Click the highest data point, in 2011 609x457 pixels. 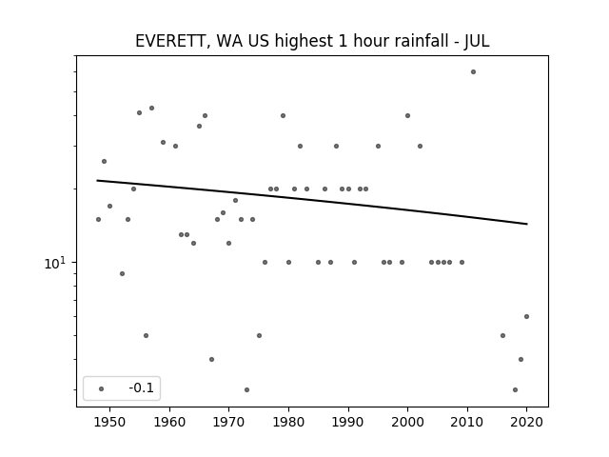[473, 72]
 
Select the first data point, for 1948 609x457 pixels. [98, 220]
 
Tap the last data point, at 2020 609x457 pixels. [526, 317]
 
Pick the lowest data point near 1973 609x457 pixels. [246, 389]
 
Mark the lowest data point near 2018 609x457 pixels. [515, 389]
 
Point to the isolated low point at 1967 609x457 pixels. [211, 360]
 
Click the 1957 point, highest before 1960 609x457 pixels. [151, 108]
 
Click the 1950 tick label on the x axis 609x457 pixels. [109, 422]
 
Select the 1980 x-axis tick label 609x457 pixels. [288, 422]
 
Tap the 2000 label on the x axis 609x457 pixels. [407, 422]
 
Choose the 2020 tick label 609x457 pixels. [526, 422]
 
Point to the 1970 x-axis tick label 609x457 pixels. [228, 422]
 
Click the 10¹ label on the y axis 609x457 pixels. [55, 264]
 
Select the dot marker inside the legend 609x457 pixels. [101, 388]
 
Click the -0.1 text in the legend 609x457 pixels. [142, 387]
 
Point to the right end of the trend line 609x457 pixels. [527, 224]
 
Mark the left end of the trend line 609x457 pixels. [97, 180]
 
